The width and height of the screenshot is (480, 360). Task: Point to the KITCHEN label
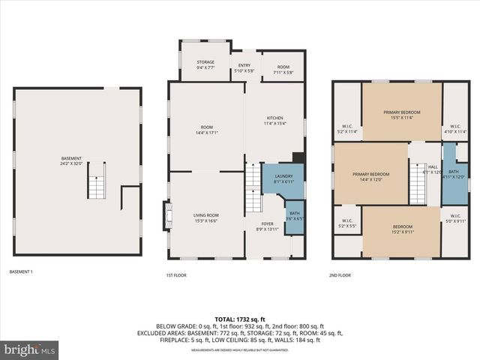(275, 120)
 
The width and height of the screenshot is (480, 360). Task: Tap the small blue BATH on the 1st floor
(294, 215)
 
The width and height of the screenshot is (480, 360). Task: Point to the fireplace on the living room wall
(166, 216)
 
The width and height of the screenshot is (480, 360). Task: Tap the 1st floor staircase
(253, 189)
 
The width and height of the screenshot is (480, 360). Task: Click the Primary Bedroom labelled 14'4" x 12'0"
(371, 175)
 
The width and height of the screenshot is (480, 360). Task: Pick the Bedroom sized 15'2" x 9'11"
(401, 229)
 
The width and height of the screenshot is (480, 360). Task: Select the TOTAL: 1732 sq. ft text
(239, 319)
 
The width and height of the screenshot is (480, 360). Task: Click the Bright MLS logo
(30, 349)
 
